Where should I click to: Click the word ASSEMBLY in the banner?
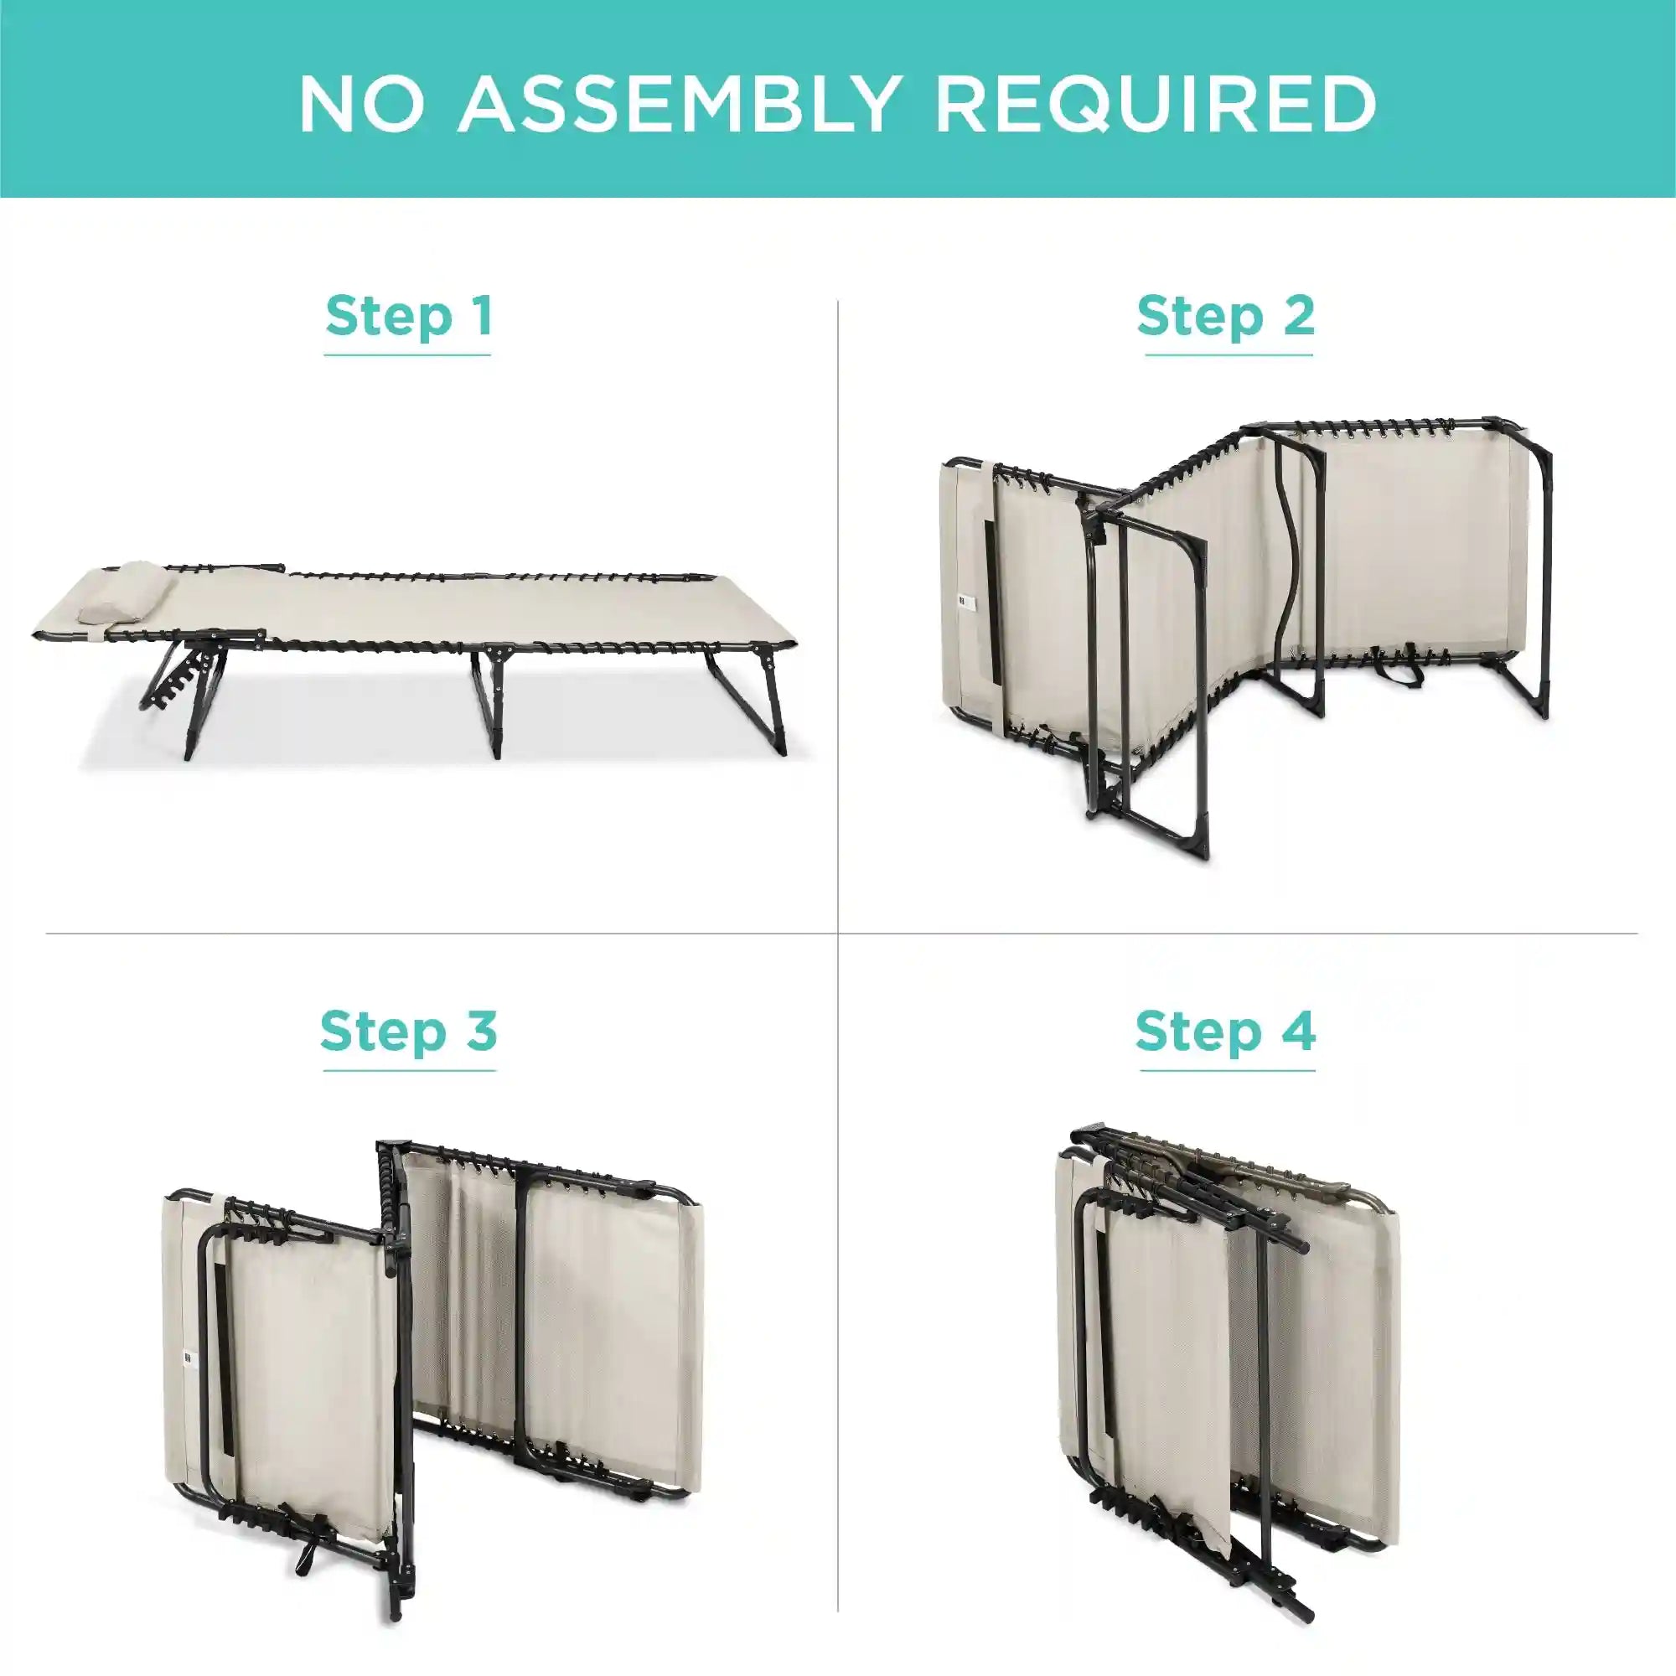point(677,104)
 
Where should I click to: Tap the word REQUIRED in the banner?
point(1156,104)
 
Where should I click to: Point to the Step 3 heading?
point(409,1032)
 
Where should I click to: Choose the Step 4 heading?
point(1225,1032)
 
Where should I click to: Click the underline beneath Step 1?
point(408,354)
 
